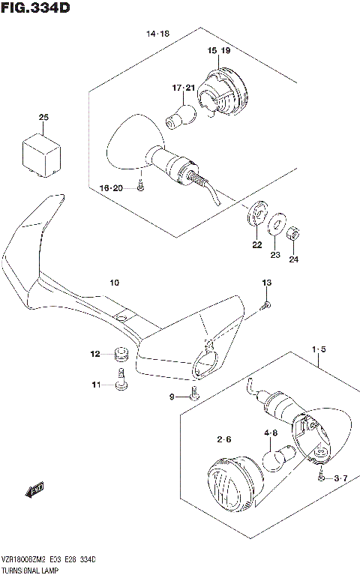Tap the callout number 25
point(43,117)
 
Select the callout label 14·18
point(158,34)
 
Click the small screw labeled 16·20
point(140,189)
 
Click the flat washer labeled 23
point(276,224)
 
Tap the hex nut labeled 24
point(295,234)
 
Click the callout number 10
point(114,283)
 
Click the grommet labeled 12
point(119,353)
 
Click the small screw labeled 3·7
point(321,477)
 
